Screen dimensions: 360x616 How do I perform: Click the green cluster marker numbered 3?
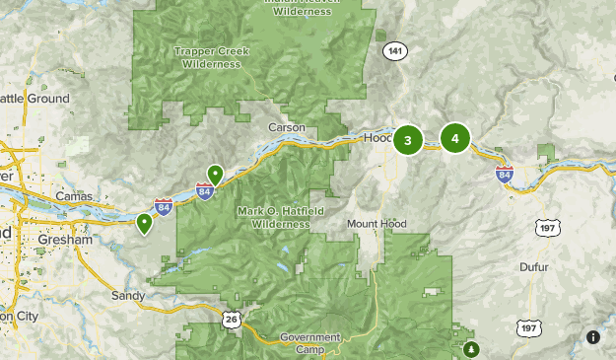(408, 140)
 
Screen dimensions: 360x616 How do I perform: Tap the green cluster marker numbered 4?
(455, 139)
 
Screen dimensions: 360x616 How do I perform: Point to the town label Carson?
(287, 128)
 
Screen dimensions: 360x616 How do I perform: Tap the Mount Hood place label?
(376, 224)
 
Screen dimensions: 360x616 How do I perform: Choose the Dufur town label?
(532, 266)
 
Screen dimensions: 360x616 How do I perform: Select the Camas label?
(74, 196)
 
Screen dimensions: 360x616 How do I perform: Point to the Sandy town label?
(128, 295)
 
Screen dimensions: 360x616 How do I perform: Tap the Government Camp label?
(309, 342)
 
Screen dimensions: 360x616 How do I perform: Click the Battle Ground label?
(34, 99)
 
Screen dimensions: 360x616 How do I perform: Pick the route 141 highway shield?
(396, 51)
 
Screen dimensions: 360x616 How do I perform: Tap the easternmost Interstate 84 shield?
(505, 176)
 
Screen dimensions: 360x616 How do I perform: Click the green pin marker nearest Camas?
(145, 223)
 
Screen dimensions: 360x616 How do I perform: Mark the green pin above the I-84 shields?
(215, 175)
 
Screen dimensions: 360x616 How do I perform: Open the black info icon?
(593, 337)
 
